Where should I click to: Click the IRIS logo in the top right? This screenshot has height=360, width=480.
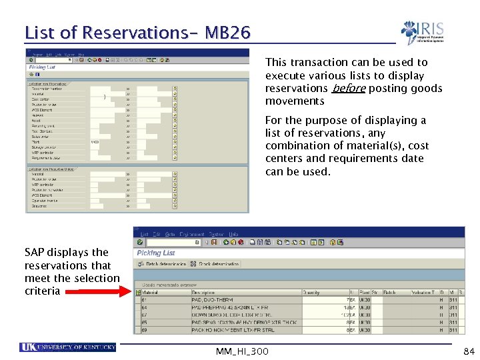tap(423, 32)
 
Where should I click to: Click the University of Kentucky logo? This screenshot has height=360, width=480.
tap(69, 347)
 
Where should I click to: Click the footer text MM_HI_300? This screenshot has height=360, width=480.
tap(243, 351)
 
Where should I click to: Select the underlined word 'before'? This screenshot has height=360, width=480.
tap(348, 88)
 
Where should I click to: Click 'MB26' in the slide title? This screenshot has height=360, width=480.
tap(228, 32)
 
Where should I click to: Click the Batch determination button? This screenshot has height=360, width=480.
tap(162, 263)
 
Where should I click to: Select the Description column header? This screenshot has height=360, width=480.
tap(203, 292)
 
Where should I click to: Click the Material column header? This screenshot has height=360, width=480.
tap(150, 292)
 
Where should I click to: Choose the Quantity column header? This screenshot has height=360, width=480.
tap(311, 292)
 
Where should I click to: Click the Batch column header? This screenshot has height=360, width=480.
tap(390, 292)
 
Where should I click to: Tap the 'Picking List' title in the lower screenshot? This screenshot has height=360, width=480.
tap(156, 253)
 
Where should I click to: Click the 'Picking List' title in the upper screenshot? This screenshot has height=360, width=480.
tap(41, 67)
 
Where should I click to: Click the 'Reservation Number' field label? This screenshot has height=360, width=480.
tap(45, 88)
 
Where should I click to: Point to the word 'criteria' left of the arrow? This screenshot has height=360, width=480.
tap(42, 291)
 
